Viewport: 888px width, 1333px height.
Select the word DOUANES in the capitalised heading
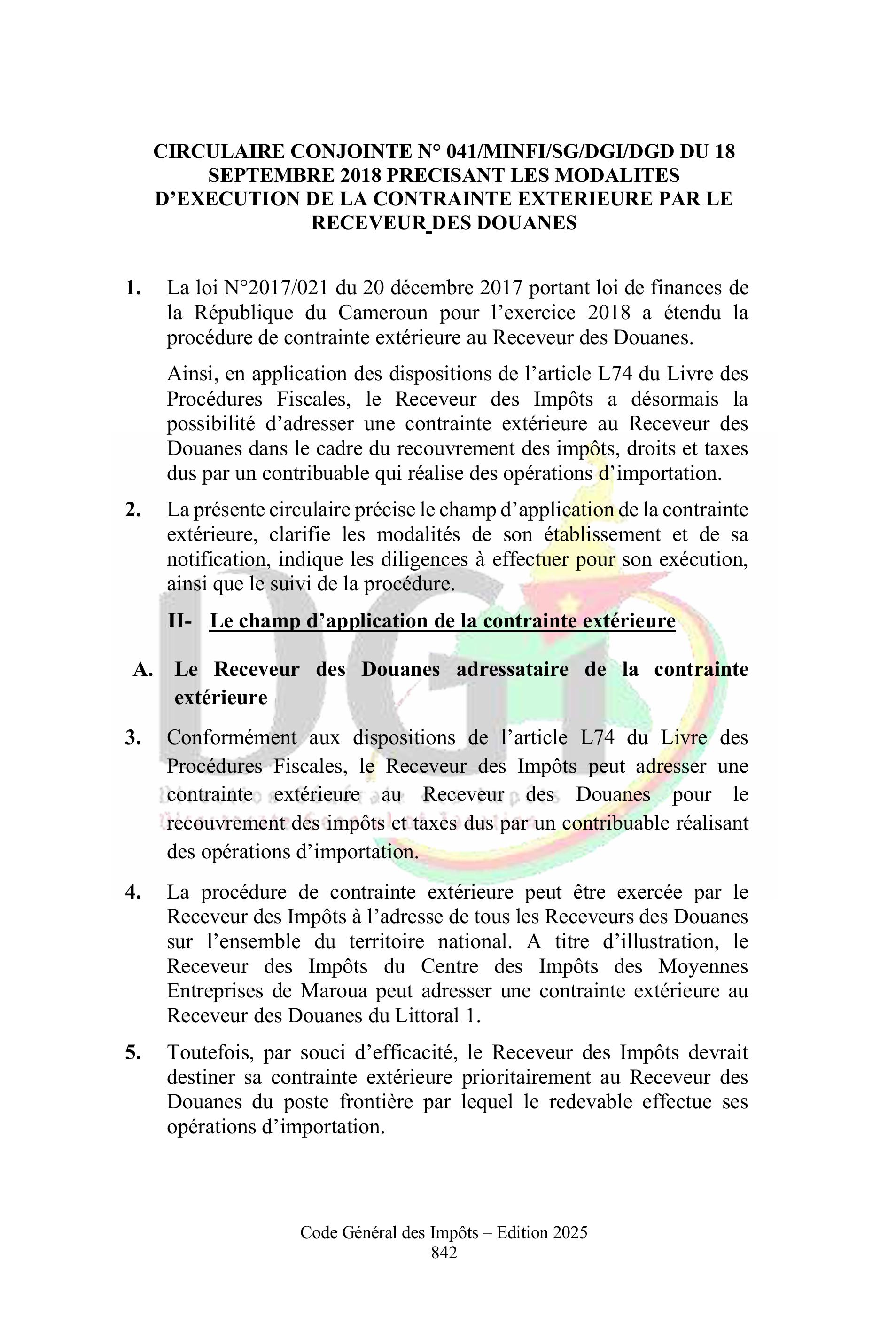(x=526, y=223)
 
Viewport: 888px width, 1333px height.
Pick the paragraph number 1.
(x=133, y=288)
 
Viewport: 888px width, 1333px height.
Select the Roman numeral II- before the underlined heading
(x=179, y=621)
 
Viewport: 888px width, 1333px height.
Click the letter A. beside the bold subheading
(x=143, y=670)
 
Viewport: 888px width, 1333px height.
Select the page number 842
(x=444, y=1252)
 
